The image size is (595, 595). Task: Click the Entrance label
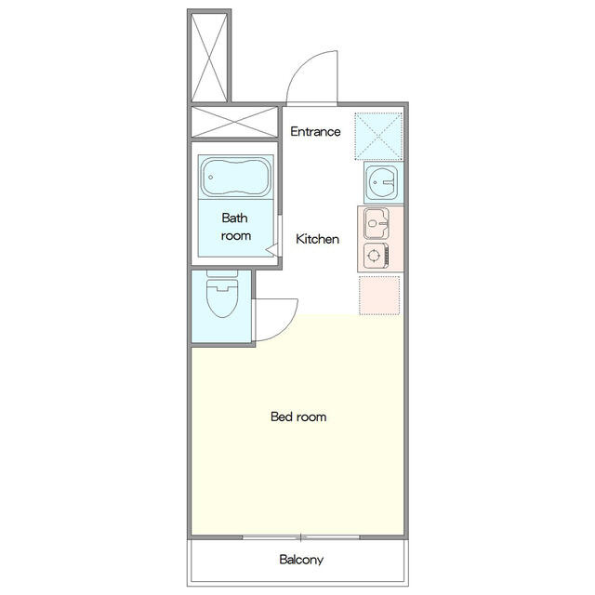(315, 132)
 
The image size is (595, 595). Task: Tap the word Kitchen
(317, 239)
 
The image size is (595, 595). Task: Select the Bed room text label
(298, 416)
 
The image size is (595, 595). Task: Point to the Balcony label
(301, 560)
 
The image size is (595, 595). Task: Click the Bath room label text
(235, 227)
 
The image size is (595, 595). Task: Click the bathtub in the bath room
(235, 178)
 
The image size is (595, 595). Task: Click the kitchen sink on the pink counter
(376, 223)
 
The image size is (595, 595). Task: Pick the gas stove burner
(374, 256)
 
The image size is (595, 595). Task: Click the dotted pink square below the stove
(379, 296)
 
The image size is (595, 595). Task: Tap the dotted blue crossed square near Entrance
(378, 137)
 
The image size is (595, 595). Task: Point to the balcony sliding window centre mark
(301, 537)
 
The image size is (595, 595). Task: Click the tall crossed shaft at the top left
(209, 57)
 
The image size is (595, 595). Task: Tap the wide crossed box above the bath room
(234, 122)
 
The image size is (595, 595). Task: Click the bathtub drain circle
(211, 178)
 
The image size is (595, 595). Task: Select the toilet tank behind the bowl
(222, 273)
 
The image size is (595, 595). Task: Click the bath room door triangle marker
(271, 250)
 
